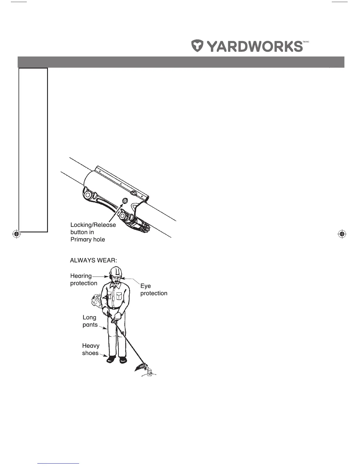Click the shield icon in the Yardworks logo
pyautogui.click(x=198, y=46)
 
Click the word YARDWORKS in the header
pyautogui.click(x=255, y=46)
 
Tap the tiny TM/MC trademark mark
pyautogui.click(x=306, y=42)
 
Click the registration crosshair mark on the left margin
pyautogui.click(x=16, y=234)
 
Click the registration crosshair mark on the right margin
pyautogui.click(x=341, y=234)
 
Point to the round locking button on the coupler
pyautogui.click(x=124, y=201)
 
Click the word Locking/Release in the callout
pyautogui.click(x=93, y=225)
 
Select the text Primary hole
pyautogui.click(x=88, y=239)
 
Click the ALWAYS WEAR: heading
pyautogui.click(x=94, y=260)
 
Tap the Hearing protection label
pyautogui.click(x=83, y=279)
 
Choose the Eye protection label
pyautogui.click(x=154, y=289)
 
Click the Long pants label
pyautogui.click(x=90, y=321)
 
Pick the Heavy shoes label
pyautogui.click(x=91, y=349)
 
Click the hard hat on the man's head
pyautogui.click(x=115, y=271)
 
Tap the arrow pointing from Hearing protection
pyautogui.click(x=100, y=277)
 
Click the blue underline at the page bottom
pyautogui.click(x=59, y=463)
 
